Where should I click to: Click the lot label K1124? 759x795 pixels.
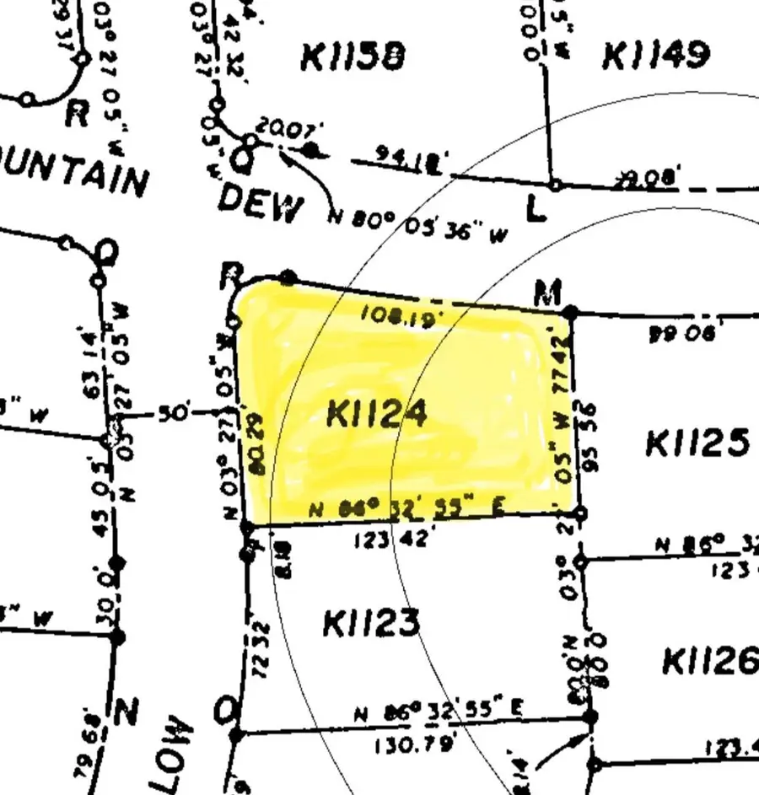point(376,414)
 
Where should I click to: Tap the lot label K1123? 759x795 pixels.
point(370,624)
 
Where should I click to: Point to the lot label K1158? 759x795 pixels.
point(353,57)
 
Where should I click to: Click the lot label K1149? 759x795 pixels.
point(655,56)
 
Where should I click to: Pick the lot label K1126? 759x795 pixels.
point(710,661)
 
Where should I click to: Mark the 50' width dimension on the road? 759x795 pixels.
point(173,414)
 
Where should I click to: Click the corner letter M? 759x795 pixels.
point(548,294)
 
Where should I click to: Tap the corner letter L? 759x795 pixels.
point(535,209)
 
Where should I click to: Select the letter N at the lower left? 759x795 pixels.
point(126,713)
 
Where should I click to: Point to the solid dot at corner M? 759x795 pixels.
point(571,313)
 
